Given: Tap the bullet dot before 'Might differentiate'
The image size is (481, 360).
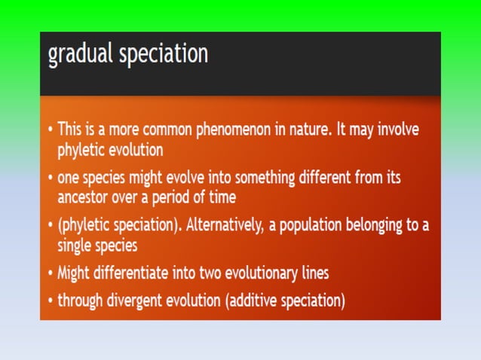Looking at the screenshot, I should [50, 273].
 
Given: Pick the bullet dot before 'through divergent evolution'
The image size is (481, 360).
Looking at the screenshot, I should [50, 301].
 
